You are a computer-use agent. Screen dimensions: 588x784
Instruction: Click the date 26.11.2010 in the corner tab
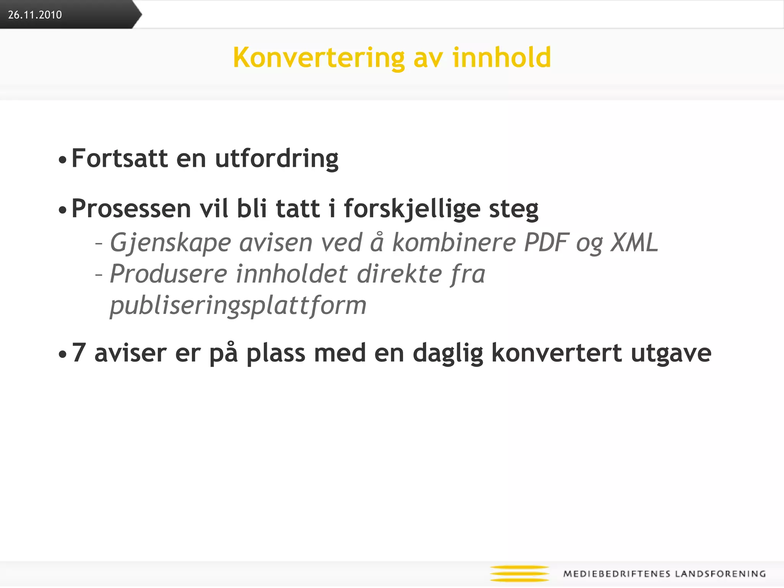point(35,15)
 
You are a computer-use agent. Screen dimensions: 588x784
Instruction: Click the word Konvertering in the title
point(318,58)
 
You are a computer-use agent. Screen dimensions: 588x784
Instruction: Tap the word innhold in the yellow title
point(501,57)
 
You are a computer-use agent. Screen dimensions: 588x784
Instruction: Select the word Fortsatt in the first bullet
point(119,158)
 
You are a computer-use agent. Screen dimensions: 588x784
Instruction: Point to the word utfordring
point(277,159)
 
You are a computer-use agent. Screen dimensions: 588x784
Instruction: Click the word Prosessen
point(131,209)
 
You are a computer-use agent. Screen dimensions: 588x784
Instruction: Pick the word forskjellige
point(412,209)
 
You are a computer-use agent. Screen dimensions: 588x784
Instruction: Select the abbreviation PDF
point(547,242)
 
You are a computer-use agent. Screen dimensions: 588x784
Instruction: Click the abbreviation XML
point(634,242)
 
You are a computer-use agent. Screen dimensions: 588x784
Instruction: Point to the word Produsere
point(168,274)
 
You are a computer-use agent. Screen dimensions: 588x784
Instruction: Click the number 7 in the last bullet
point(78,353)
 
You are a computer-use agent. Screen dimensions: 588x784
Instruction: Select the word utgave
point(671,353)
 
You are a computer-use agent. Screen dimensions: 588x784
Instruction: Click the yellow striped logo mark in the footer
point(519,573)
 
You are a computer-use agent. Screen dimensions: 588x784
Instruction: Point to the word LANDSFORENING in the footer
point(720,574)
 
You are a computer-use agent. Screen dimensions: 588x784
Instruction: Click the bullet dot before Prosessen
point(62,210)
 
